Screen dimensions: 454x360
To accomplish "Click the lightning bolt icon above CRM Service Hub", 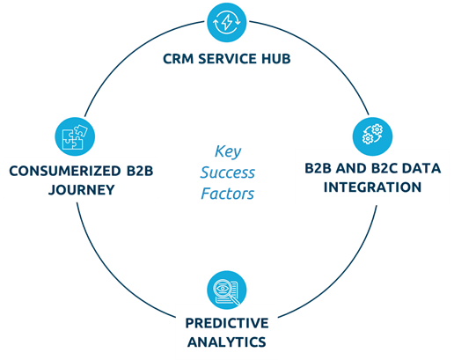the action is tap(226, 23).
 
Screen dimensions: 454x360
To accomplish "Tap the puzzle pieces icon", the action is tap(75, 136).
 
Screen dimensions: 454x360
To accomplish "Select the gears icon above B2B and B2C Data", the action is tap(372, 136).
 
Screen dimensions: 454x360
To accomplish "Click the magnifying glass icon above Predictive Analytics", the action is tap(226, 290).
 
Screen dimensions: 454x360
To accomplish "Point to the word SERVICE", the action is tap(223, 59).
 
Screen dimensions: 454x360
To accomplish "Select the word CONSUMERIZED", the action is tap(65, 171).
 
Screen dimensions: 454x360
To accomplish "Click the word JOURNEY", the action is tap(82, 190).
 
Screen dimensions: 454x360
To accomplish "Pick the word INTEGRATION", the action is tap(372, 187).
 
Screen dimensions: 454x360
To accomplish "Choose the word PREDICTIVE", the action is tap(227, 323).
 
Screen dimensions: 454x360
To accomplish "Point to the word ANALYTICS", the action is tap(227, 342).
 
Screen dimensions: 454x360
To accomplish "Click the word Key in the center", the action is tap(228, 152).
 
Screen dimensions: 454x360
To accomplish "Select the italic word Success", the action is tap(228, 173).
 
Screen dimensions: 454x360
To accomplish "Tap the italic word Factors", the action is tap(228, 194).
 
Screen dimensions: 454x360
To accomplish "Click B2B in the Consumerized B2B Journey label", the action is tap(140, 171).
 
